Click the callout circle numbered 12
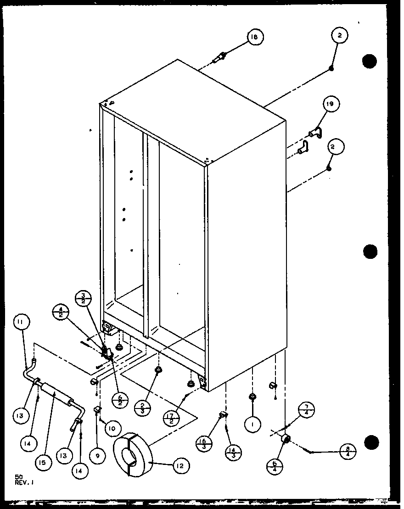pyautogui.click(x=180, y=465)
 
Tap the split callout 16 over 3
pyautogui.click(x=203, y=442)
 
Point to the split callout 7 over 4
pyautogui.click(x=307, y=410)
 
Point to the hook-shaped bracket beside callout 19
pyautogui.click(x=316, y=134)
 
